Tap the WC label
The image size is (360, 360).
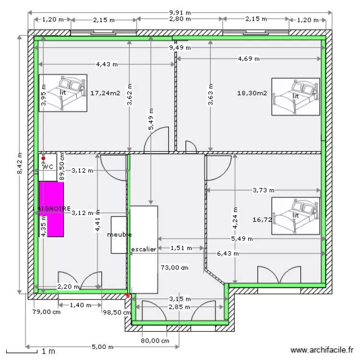click(x=48, y=167)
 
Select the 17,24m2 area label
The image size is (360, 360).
click(x=105, y=93)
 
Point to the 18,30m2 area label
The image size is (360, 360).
click(x=252, y=93)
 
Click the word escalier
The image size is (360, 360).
click(x=144, y=250)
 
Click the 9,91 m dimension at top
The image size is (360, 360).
click(x=179, y=12)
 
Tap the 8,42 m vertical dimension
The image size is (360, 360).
click(x=20, y=163)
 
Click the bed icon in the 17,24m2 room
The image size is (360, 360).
click(x=63, y=93)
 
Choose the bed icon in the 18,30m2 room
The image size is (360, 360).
click(x=295, y=96)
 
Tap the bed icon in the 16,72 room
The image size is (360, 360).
click(x=295, y=216)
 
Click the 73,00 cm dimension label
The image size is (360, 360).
click(x=174, y=267)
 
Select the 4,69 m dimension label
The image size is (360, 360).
click(x=249, y=59)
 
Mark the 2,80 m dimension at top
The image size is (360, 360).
click(x=180, y=20)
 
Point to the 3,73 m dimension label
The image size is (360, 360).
click(x=264, y=191)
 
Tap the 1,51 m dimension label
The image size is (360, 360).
click(x=181, y=248)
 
